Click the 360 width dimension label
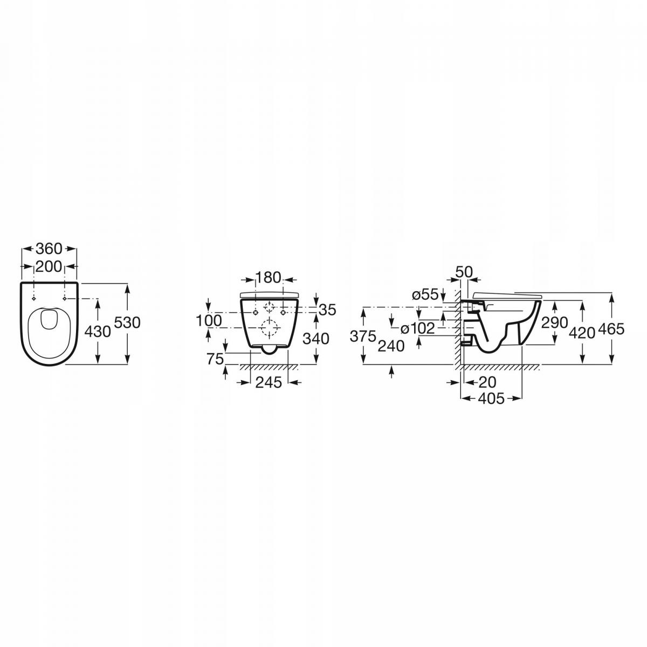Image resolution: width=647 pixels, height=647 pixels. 49,249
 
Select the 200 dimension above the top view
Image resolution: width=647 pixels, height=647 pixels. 49,266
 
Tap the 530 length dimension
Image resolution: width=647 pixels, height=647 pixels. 128,323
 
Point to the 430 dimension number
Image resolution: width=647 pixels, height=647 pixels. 99,331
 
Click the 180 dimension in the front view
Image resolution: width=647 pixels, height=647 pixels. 269,278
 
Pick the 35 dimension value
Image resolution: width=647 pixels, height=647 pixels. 327,309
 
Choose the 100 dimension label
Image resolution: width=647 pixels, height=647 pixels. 209,320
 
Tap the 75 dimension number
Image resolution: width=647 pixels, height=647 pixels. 215,359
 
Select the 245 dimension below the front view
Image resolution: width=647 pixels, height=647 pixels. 269,382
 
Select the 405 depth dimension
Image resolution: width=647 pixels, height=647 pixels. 491,398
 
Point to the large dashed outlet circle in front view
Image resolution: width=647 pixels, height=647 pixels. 269,327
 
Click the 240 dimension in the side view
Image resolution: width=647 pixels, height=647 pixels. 391,346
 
